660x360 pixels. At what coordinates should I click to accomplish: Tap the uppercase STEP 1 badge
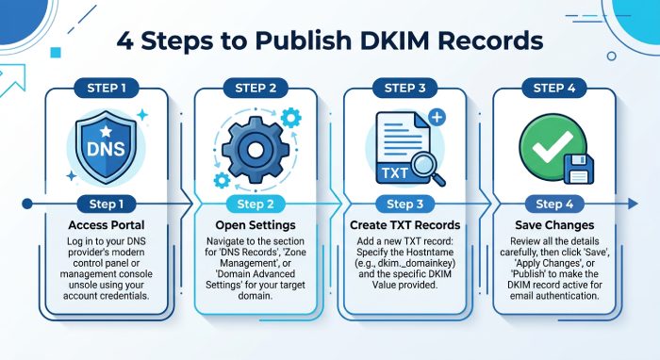pyautogui.click(x=107, y=88)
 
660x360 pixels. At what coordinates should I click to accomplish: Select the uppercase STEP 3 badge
pyautogui.click(x=404, y=88)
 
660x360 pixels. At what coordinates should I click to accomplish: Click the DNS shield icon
pyautogui.click(x=106, y=148)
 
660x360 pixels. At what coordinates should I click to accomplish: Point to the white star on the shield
pyautogui.click(x=106, y=131)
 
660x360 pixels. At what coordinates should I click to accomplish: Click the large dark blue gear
pyautogui.click(x=256, y=150)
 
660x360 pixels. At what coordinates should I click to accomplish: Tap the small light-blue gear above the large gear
pyautogui.click(x=290, y=118)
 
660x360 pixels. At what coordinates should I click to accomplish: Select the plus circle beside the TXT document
pyautogui.click(x=437, y=117)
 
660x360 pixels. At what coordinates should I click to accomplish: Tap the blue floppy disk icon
pyautogui.click(x=578, y=169)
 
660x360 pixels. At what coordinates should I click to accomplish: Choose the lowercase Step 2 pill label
pyautogui.click(x=256, y=205)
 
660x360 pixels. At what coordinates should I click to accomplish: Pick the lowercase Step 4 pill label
pyautogui.click(x=554, y=205)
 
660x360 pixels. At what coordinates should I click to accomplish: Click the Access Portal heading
pyautogui.click(x=107, y=225)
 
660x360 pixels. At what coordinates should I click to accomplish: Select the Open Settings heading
pyautogui.click(x=256, y=225)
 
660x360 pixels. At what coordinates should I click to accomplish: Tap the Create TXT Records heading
pyautogui.click(x=404, y=225)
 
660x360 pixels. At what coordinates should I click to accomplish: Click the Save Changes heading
pyautogui.click(x=554, y=225)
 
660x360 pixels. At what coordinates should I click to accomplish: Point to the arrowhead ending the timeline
pyautogui.click(x=633, y=204)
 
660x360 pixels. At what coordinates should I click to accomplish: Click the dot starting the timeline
pyautogui.click(x=27, y=204)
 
